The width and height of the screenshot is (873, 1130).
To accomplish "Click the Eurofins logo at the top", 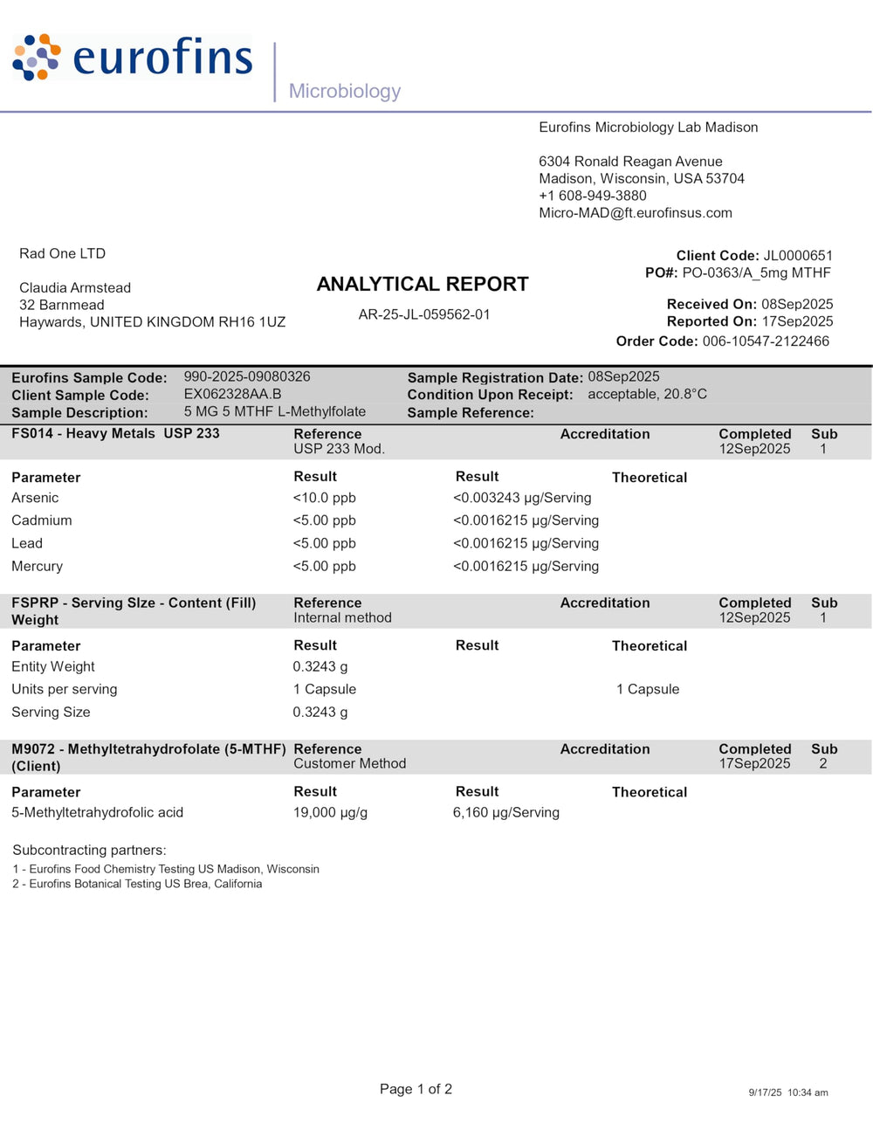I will tap(133, 58).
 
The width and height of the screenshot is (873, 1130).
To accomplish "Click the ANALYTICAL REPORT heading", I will tap(423, 284).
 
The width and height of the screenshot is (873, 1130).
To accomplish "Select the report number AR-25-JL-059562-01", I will tap(424, 314).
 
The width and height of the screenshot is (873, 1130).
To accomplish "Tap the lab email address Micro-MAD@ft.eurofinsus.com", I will tap(636, 213).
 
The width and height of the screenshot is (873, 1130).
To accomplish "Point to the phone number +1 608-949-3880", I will tap(593, 196).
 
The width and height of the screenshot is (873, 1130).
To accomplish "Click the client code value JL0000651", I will tap(798, 256).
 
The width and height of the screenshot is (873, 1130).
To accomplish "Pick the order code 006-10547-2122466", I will tap(766, 341).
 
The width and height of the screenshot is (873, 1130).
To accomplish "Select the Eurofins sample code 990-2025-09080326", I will tap(247, 377).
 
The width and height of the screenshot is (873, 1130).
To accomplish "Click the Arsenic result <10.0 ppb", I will tap(325, 498).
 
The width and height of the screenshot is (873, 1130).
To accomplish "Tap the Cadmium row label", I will tap(42, 520).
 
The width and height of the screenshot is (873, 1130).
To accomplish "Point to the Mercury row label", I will tap(38, 566).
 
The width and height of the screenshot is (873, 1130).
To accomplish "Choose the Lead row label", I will tap(27, 543).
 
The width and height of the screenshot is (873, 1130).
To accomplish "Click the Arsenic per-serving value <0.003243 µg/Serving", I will tap(522, 498).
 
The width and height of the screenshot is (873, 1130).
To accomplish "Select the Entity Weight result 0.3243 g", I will tap(320, 666).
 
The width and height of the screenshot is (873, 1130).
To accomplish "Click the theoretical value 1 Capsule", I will tap(648, 689).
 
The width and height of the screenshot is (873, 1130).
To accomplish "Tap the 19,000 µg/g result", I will tap(330, 812).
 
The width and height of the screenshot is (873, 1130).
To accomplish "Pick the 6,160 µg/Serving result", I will tap(506, 812).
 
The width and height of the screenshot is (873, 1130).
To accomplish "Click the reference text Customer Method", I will tap(350, 763).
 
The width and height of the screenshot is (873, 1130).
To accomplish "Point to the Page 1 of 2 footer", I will tap(416, 1089).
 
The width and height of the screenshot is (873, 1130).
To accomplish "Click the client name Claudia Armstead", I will tap(75, 288).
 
